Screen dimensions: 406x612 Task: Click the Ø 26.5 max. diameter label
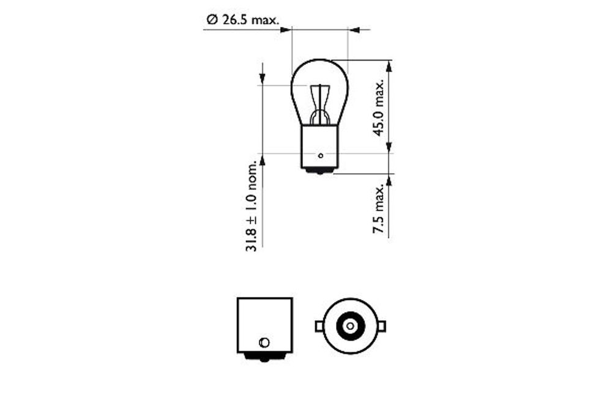point(242,20)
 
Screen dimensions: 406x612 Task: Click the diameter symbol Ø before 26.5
point(212,20)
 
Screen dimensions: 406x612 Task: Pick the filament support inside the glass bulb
point(320,107)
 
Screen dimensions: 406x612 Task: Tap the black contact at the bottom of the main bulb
point(319,171)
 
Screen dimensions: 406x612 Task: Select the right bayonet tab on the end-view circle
point(381,326)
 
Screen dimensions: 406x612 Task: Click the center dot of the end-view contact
point(349,326)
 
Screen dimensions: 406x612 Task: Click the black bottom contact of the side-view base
point(264,356)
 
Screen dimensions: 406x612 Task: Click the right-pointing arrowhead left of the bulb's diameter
point(285,29)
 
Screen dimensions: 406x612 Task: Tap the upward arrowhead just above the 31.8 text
point(262,160)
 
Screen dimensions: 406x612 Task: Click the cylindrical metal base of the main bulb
point(319,146)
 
